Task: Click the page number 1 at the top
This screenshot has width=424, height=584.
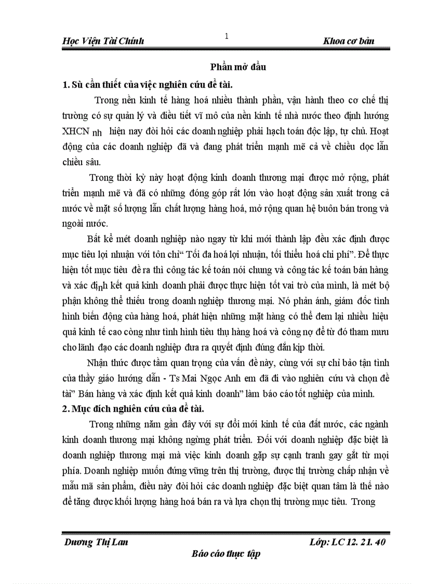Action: click(227, 36)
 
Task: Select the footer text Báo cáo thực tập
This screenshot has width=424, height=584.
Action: click(226, 553)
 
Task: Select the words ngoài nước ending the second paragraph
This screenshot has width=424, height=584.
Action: click(85, 224)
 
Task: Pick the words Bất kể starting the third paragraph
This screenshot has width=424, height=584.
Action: click(98, 240)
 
